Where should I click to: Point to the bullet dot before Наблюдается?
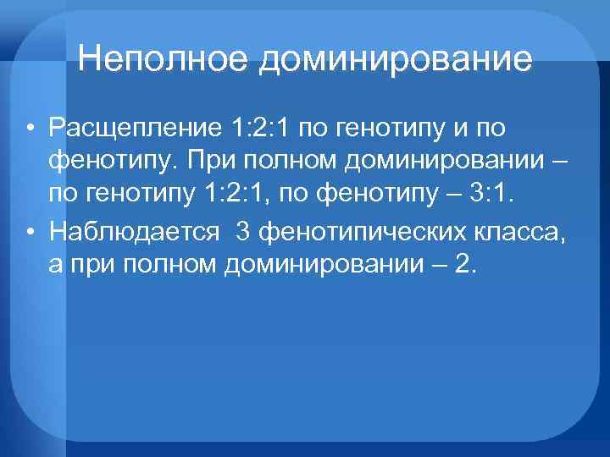[x=31, y=230]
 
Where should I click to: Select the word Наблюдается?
[x=136, y=229]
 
